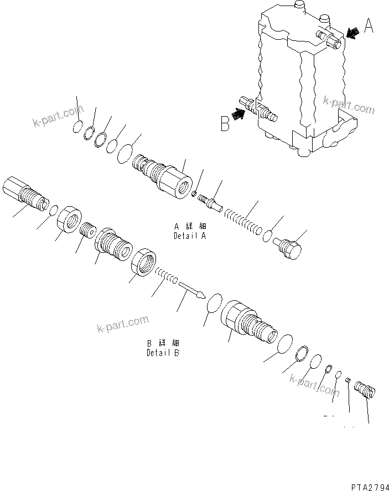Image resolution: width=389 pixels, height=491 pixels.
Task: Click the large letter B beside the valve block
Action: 225,123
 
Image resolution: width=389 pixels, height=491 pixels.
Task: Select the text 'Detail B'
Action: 163,353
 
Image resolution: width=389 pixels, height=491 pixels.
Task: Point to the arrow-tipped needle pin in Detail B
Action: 191,289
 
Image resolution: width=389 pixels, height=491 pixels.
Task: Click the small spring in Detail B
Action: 165,274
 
